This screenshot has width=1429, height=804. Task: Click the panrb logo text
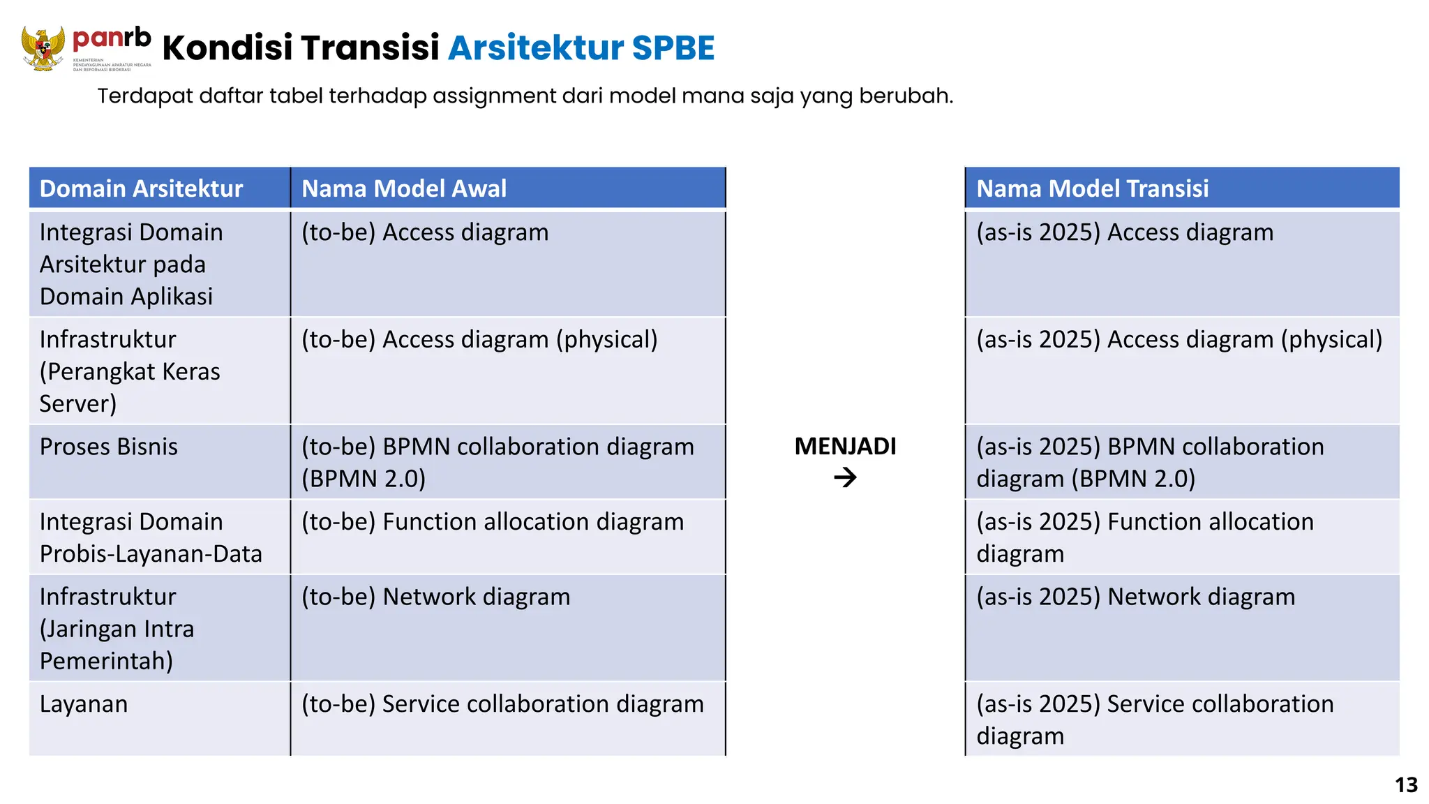coord(112,39)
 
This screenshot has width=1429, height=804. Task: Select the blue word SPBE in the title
coord(673,48)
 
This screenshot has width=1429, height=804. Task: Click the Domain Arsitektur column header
coord(141,188)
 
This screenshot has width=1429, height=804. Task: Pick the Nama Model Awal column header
coord(404,188)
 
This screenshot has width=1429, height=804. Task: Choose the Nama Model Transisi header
coord(1092,188)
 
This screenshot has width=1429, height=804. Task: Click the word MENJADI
coord(845,446)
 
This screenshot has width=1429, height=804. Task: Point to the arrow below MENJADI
coord(845,478)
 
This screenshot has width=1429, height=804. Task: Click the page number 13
coord(1406,785)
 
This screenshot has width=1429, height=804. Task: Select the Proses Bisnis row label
coord(109,447)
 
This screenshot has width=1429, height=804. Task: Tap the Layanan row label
coord(84,704)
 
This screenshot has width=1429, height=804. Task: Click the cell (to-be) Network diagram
coord(436,597)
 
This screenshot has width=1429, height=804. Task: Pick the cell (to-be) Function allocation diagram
coord(493,522)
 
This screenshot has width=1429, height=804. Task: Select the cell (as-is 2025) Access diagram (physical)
coord(1179,339)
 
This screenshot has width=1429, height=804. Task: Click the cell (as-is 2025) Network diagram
coord(1135,597)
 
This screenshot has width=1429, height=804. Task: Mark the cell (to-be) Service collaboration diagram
coord(502,704)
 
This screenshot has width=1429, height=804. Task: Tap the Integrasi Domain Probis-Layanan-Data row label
coord(151,537)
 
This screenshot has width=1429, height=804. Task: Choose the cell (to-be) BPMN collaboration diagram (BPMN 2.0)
coord(497,462)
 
